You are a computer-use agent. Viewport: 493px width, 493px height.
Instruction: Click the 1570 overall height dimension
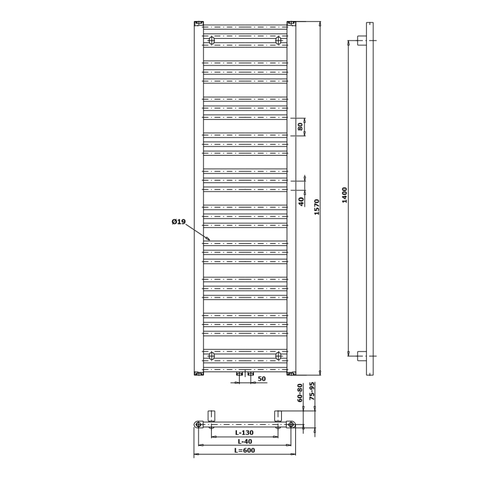[x=317, y=206]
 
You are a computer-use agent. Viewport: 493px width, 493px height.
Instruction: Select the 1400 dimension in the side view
[x=344, y=195]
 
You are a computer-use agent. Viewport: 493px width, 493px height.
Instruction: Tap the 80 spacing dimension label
[x=300, y=127]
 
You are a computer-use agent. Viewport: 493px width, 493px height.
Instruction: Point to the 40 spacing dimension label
[x=301, y=200]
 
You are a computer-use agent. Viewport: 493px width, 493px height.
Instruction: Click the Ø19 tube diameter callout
[x=179, y=222]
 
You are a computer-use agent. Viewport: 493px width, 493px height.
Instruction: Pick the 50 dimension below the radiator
[x=262, y=379]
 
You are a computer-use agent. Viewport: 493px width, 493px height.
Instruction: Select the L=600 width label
[x=245, y=450]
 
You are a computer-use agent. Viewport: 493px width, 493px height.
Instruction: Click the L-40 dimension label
[x=245, y=441]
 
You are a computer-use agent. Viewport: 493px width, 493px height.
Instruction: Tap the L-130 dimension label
[x=245, y=433]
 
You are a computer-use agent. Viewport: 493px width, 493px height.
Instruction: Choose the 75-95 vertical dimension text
[x=312, y=392]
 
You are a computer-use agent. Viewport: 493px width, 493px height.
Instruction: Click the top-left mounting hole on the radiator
[x=212, y=40]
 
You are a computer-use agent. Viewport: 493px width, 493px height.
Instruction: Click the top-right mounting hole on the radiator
[x=278, y=40]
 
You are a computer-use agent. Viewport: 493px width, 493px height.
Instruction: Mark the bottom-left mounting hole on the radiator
[x=212, y=356]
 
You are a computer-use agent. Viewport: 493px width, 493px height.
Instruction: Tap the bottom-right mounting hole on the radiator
[x=278, y=356]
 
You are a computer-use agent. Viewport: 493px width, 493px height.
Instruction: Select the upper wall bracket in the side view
[x=361, y=40]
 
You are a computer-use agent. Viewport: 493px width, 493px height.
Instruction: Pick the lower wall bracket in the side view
[x=361, y=356]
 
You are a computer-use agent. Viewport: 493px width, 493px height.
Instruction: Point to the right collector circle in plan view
[x=291, y=424]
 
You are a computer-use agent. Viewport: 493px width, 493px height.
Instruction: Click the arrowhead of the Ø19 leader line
[x=208, y=239]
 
